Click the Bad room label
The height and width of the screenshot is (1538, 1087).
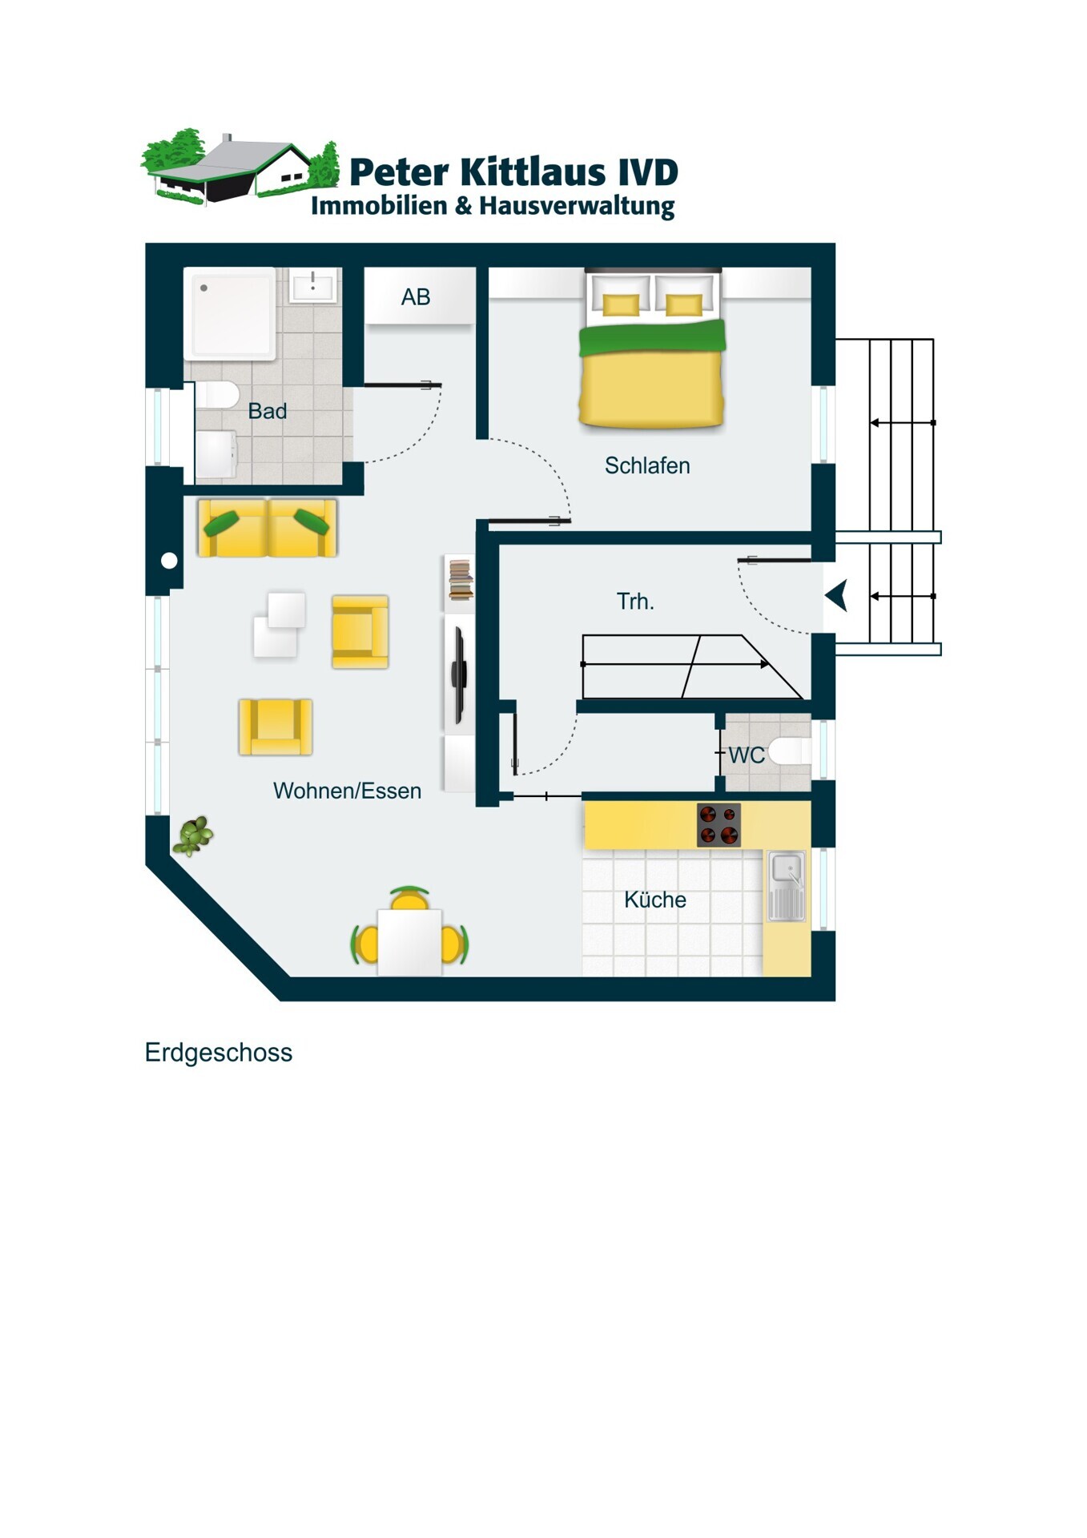[268, 411]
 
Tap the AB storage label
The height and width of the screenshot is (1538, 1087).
[416, 297]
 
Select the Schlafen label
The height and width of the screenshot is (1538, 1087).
[647, 465]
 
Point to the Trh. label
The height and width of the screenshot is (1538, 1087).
[635, 601]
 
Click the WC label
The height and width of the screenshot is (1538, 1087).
[747, 755]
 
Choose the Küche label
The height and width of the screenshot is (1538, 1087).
[655, 900]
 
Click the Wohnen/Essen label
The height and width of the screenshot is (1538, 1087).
[347, 791]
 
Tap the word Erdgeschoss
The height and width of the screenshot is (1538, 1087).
[219, 1053]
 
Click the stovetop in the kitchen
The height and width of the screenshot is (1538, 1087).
[719, 825]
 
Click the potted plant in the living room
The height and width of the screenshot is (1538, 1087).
[193, 835]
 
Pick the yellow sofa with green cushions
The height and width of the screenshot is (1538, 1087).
[268, 527]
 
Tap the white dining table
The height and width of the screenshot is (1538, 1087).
[409, 942]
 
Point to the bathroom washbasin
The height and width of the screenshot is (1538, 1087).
[312, 285]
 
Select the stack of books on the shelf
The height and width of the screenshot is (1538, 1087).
[460, 580]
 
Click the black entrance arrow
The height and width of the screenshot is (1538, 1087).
[837, 596]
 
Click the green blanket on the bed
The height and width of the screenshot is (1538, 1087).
[652, 337]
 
